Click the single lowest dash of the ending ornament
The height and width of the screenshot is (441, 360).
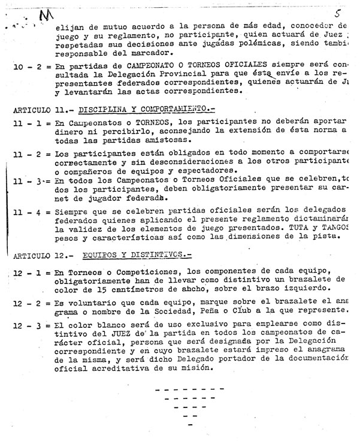pos(190,425)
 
